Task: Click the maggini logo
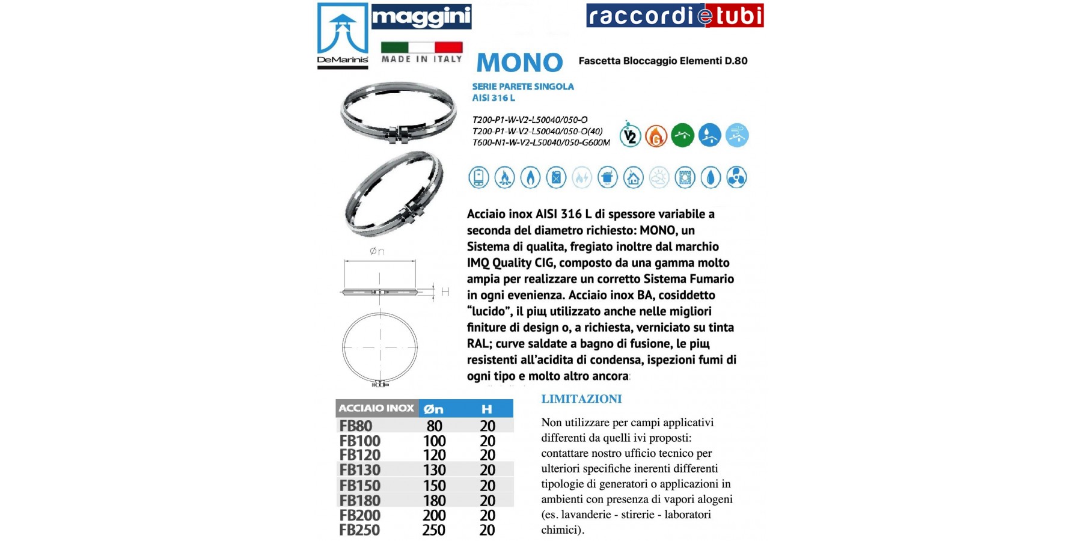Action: tap(421, 17)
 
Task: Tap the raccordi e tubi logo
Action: tap(674, 16)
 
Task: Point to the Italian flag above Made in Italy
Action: tap(421, 47)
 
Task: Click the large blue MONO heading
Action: tap(519, 63)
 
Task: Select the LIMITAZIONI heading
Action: tap(581, 399)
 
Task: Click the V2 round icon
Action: tap(630, 136)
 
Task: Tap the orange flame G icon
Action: tap(656, 136)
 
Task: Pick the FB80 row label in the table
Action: tap(356, 426)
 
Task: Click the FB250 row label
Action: tap(359, 530)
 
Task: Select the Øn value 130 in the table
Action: tap(434, 470)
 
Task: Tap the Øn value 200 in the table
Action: tap(434, 515)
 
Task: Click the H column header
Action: tap(487, 409)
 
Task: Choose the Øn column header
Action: tap(433, 409)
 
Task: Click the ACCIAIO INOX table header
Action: tap(376, 408)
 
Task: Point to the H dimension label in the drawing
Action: tap(445, 292)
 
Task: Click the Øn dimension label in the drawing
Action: tap(377, 251)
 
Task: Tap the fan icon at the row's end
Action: tap(736, 178)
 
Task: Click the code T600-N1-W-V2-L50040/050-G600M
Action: tap(541, 142)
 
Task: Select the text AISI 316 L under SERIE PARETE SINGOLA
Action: tap(494, 98)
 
